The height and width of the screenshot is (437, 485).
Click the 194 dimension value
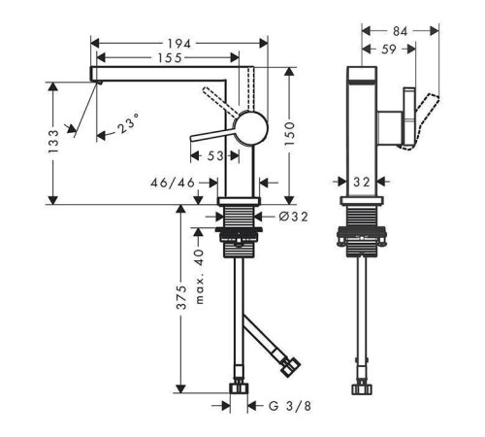(x=179, y=44)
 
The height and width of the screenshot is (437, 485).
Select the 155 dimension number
(x=170, y=58)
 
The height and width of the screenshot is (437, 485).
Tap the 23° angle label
(x=128, y=123)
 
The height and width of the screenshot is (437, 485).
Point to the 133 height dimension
(x=53, y=142)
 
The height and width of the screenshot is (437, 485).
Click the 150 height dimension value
(x=290, y=133)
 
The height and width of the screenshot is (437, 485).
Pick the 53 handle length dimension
(x=215, y=156)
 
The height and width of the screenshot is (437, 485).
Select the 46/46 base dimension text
(x=173, y=183)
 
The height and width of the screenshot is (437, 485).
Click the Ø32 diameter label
(x=294, y=217)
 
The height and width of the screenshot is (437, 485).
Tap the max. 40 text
(x=200, y=277)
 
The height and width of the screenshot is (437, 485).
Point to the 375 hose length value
(x=181, y=297)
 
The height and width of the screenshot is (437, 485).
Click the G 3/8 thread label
(x=290, y=406)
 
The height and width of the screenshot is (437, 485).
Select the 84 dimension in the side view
(x=400, y=31)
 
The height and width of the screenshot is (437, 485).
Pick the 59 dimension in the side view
(x=389, y=50)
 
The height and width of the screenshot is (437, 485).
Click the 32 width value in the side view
(x=361, y=182)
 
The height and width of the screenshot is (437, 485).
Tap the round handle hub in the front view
(x=251, y=128)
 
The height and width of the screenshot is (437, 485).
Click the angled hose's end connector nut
(x=290, y=367)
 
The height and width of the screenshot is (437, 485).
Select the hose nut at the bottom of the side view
(x=362, y=388)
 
